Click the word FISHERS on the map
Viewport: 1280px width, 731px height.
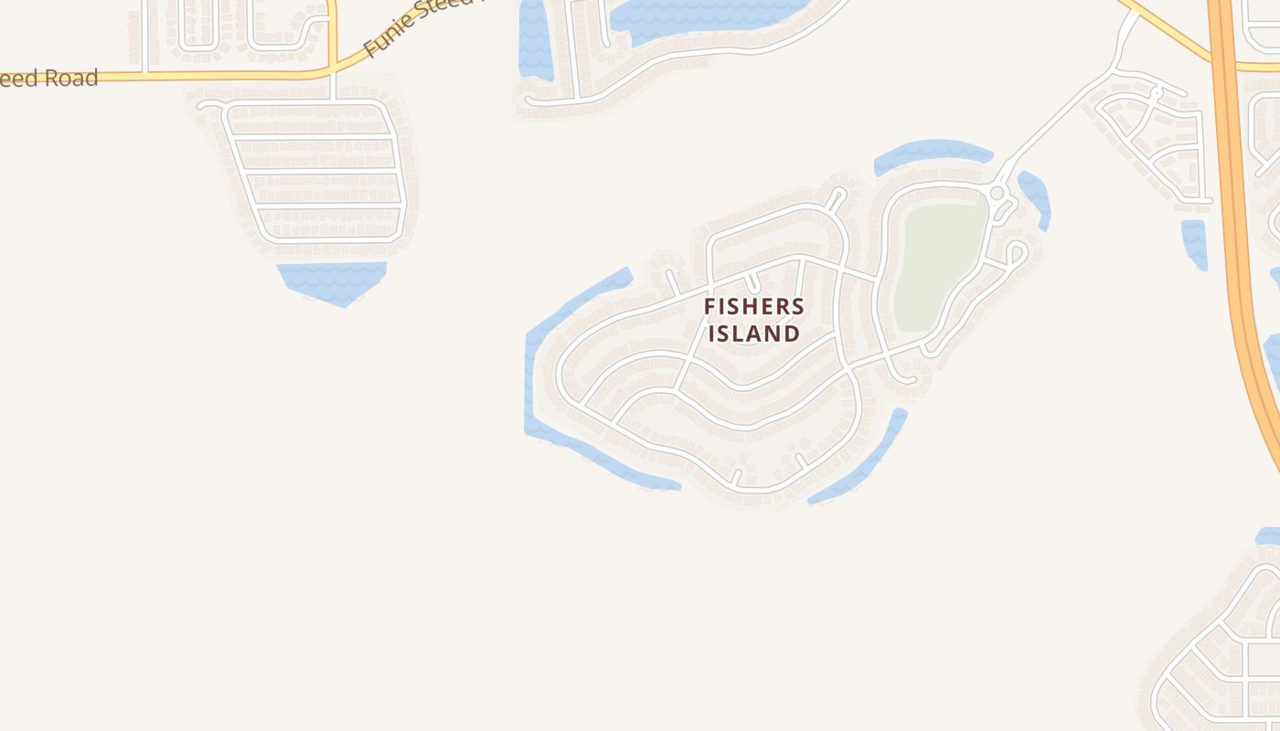coord(754,307)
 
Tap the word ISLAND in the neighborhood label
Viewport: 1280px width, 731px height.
coord(754,334)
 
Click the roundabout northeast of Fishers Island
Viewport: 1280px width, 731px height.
coord(997,193)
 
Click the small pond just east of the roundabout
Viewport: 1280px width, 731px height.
coord(1035,196)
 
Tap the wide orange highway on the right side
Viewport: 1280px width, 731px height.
coord(1236,228)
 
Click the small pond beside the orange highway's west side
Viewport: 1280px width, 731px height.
coord(1194,242)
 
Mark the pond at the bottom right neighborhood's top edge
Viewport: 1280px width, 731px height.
coord(1269,536)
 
